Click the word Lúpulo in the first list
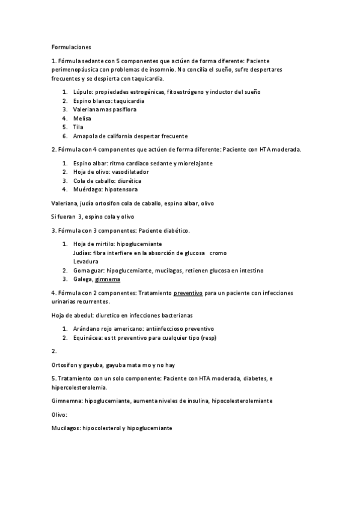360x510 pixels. (x=83, y=91)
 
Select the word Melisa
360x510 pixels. (x=82, y=118)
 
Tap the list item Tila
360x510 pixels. (x=78, y=127)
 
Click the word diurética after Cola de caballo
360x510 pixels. (x=136, y=180)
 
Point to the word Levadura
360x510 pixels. (x=86, y=262)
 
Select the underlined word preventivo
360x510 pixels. (x=188, y=293)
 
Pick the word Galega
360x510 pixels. (x=82, y=279)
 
